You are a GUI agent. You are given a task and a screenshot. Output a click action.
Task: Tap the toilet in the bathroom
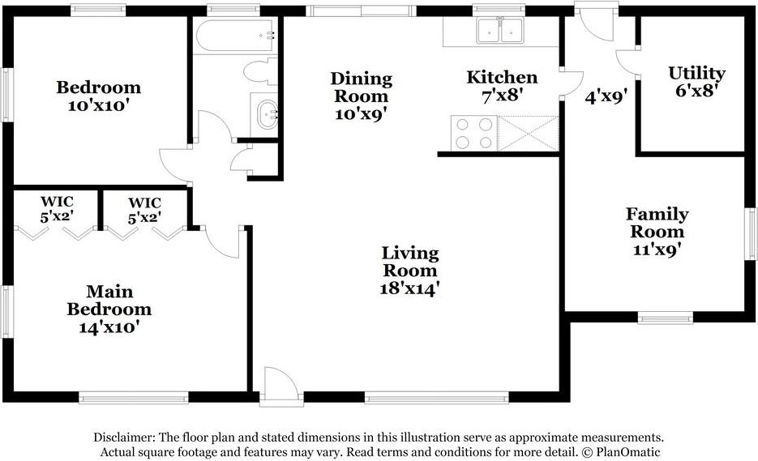pos(260,71)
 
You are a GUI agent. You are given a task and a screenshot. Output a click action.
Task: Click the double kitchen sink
pos(500,31)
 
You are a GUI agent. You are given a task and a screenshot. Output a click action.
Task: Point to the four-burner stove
pos(473,134)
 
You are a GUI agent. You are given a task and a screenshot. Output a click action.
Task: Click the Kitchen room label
pos(502,78)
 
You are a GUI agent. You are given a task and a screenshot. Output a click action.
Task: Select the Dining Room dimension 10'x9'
pos(361,113)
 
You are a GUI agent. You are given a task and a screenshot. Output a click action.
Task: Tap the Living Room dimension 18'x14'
pos(410,288)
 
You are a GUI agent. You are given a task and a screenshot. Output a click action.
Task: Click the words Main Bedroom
pos(109,300)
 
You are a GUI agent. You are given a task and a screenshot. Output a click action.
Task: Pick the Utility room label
pos(696,74)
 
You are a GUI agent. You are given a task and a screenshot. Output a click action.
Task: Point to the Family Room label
pos(657,223)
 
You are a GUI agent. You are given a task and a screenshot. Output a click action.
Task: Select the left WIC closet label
pos(57,202)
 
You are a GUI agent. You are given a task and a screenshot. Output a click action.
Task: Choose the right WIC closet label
pos(143,202)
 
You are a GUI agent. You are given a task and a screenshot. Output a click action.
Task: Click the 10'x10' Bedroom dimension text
pos(98,105)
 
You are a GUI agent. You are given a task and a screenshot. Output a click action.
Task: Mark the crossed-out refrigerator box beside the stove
pos(529,134)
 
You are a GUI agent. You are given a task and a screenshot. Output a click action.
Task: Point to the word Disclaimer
pos(126,437)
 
